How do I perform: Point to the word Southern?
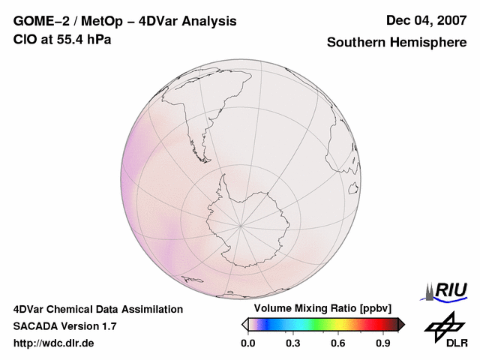[356, 43]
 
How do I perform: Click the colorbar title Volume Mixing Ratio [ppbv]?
[319, 309]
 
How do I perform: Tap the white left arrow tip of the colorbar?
[245, 324]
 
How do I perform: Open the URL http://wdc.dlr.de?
[54, 343]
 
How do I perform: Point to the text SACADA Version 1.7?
[64, 326]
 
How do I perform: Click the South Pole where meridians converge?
[240, 224]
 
